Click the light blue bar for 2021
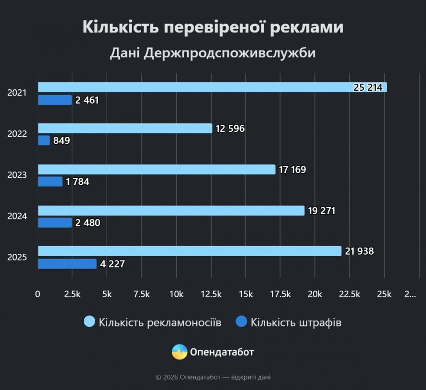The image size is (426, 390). click(211, 87)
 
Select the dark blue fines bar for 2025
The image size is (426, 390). click(67, 264)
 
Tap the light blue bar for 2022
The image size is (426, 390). click(124, 129)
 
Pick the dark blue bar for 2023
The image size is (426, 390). click(50, 182)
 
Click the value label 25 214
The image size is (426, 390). click(368, 87)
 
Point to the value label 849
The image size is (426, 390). click(61, 141)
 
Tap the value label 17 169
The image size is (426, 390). click(293, 170)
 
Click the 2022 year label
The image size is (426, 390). click(17, 134)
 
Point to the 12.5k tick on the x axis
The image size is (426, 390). click(211, 294)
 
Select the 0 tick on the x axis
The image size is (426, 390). click(38, 294)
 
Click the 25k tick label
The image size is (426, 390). click(384, 294)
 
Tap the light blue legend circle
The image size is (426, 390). click(90, 322)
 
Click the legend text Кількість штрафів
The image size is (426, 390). click(296, 323)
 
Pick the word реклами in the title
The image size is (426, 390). click(306, 27)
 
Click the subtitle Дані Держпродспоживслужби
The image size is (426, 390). click(213, 53)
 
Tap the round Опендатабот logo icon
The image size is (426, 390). click(179, 352)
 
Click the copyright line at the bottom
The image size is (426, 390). click(213, 378)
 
